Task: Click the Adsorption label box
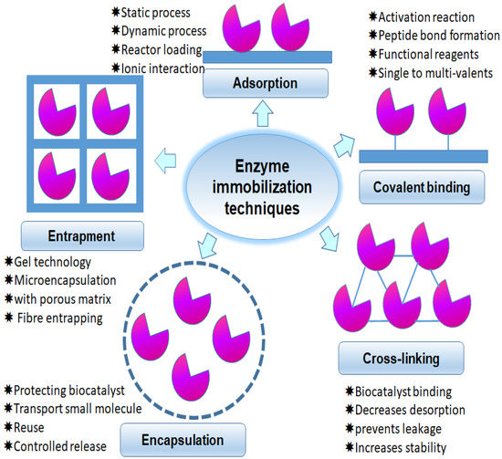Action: [252, 82]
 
